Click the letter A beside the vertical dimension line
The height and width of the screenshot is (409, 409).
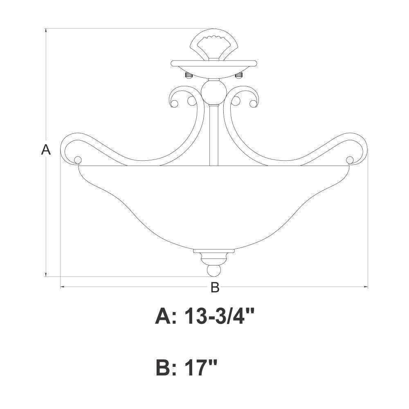(46, 150)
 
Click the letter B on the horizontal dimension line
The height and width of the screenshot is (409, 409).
(215, 287)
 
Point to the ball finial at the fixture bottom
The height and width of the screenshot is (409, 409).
(214, 271)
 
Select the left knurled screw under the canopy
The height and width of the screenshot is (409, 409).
(188, 75)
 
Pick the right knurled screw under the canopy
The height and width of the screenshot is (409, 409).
(239, 75)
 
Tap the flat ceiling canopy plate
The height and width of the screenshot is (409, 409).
(214, 63)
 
